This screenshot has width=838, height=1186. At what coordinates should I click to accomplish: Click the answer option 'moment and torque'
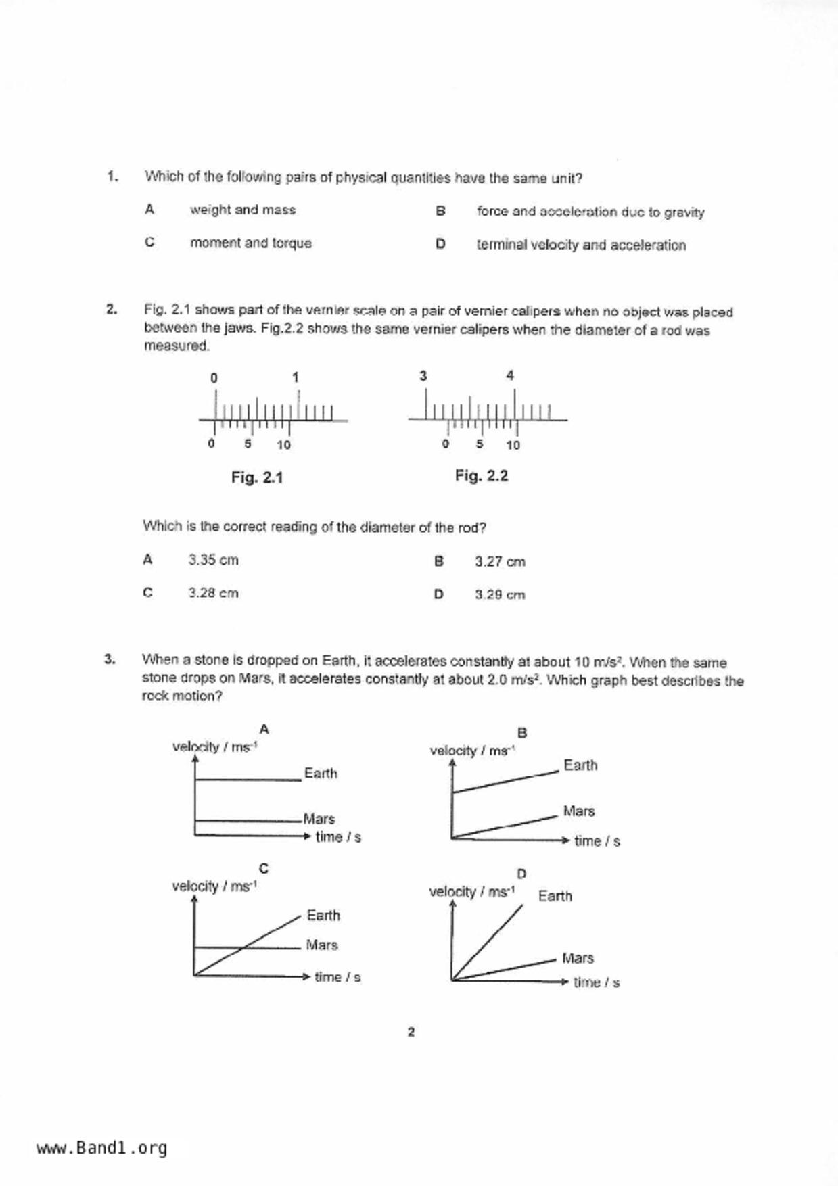tap(250, 243)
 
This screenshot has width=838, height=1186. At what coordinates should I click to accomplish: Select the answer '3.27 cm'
tap(500, 561)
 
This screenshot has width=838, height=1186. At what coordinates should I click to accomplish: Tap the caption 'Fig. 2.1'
tap(257, 477)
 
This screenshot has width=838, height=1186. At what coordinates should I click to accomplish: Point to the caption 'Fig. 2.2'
tap(482, 476)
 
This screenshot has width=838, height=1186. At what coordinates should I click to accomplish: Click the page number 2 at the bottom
tap(411, 1032)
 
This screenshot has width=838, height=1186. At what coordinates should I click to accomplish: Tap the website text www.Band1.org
tap(101, 1148)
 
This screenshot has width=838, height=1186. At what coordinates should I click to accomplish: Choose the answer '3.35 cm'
tap(213, 560)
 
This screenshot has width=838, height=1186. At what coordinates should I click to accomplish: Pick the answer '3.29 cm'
tap(500, 595)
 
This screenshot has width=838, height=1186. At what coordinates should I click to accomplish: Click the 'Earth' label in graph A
tap(321, 773)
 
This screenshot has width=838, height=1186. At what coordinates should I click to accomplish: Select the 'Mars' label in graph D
tap(578, 958)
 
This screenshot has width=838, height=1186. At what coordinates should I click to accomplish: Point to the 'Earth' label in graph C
tap(323, 915)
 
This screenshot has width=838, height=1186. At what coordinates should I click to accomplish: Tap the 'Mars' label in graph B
tap(579, 811)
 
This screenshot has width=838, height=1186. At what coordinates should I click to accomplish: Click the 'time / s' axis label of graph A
tap(338, 837)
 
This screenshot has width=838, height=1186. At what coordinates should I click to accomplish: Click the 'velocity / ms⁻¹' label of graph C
tap(214, 886)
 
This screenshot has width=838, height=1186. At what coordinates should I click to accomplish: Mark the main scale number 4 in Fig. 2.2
tap(510, 375)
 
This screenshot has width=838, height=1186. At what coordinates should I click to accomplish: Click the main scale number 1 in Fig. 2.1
tap(296, 377)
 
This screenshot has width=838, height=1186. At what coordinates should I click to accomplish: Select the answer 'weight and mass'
tap(243, 210)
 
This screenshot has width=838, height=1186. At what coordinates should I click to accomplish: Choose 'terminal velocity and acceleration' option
tap(581, 245)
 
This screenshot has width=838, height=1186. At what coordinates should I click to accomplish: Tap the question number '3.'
tap(110, 659)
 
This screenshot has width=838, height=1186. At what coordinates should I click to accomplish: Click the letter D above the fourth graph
tap(521, 874)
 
